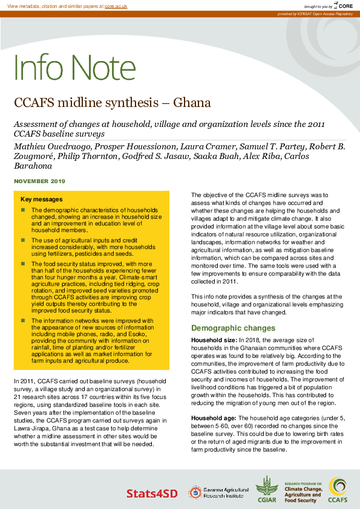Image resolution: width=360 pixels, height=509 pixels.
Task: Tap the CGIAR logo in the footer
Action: pos(267,489)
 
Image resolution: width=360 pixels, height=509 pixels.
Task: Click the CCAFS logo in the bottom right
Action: pos(337,490)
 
